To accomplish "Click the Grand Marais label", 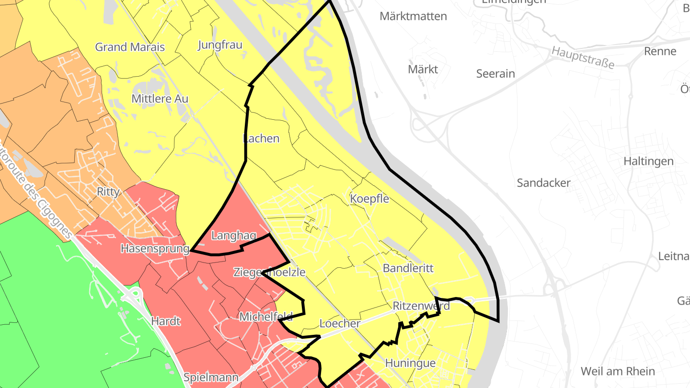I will tap(130, 47).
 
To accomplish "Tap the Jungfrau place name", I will tap(220, 45).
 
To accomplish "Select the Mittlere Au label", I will tap(160, 99).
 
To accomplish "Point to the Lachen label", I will tap(261, 138).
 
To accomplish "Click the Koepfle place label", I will tap(369, 198).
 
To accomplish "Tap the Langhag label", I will tap(233, 236).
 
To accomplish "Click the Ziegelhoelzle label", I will tap(269, 272).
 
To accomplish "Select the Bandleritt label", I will tap(408, 268).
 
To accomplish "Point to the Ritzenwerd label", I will tap(421, 306).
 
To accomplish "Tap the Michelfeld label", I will tap(266, 316).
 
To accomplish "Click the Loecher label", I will tap(340, 323).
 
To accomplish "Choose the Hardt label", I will tap(166, 320).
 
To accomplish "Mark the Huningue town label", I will tap(410, 363).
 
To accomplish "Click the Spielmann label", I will tap(211, 377).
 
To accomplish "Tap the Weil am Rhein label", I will tap(618, 371).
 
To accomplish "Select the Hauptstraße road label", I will tap(582, 57).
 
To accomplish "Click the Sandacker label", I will tap(544, 183).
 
